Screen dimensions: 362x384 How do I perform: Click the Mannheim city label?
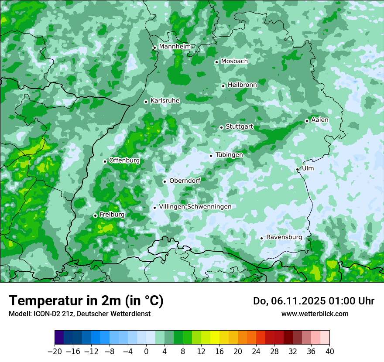click(175, 46)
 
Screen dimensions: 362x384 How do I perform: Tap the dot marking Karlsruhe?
click(146, 102)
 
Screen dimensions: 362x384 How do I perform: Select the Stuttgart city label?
click(239, 126)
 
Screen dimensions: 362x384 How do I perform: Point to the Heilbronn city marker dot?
click(223, 86)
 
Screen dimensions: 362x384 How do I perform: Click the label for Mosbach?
click(234, 61)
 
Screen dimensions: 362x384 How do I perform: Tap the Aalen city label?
click(320, 120)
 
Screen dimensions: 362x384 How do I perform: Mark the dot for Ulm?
click(297, 169)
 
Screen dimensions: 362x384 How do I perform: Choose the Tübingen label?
click(229, 155)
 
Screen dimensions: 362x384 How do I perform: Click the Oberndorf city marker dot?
click(165, 181)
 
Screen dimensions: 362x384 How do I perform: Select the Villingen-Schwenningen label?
click(195, 206)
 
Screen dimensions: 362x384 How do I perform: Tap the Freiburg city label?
click(112, 215)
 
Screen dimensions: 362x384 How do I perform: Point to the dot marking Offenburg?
click(105, 161)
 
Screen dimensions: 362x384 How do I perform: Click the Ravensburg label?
click(284, 237)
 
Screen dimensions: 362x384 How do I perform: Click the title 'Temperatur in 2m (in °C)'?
click(86, 301)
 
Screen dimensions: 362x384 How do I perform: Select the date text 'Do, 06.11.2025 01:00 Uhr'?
click(314, 301)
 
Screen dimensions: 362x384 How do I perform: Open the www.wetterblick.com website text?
click(315, 314)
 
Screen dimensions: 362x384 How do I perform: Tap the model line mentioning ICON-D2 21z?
click(79, 314)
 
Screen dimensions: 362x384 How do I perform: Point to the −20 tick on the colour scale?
click(55, 351)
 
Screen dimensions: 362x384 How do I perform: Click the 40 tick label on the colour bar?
click(329, 351)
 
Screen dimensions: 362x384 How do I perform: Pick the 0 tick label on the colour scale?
click(146, 351)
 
